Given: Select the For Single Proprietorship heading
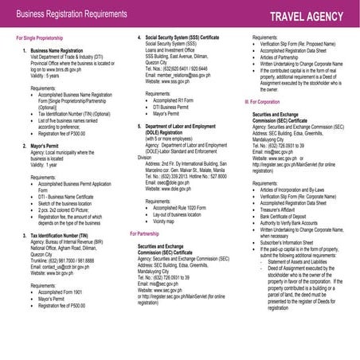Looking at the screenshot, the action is click(x=40, y=38).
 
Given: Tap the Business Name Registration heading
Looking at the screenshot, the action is click(x=61, y=49).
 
